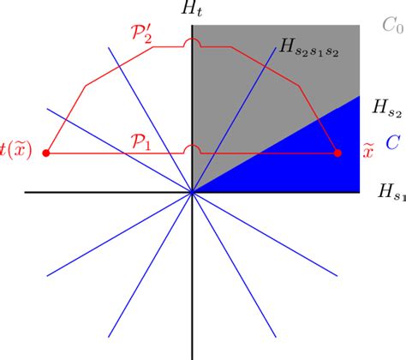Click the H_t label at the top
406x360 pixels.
[x=193, y=10]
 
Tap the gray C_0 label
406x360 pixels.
[x=393, y=26]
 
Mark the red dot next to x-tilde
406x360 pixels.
[x=337, y=153]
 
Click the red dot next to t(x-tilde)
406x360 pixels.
[x=47, y=153]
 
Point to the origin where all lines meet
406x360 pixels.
[x=193, y=192]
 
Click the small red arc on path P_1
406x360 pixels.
[x=193, y=147]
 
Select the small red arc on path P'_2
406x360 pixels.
[x=193, y=41]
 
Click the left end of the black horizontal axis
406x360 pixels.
[x=27, y=192]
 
